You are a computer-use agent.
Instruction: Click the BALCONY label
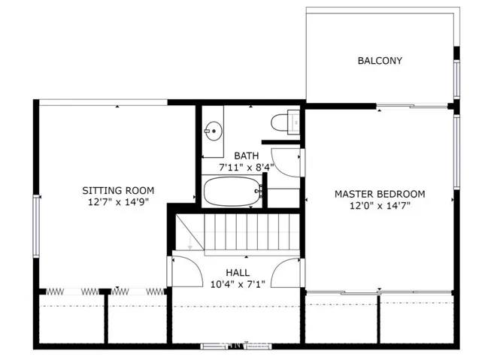(380, 60)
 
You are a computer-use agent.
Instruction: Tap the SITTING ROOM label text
(118, 190)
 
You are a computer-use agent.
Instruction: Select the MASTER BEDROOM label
(380, 194)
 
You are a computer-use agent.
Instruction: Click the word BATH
(247, 156)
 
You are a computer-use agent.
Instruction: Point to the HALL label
(238, 272)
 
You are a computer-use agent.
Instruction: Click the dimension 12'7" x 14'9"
(118, 202)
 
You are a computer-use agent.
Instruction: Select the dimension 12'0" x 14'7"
(380, 206)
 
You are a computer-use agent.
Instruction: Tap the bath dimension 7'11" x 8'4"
(247, 168)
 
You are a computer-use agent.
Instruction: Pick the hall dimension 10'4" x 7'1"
(238, 284)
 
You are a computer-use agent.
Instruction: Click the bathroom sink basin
(214, 132)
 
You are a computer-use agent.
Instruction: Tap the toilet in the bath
(285, 122)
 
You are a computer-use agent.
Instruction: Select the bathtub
(233, 191)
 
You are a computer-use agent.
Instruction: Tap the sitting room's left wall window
(36, 226)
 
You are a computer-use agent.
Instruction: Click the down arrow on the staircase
(189, 243)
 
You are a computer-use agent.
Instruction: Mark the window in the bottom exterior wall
(236, 346)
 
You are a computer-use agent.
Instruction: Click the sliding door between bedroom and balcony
(412, 106)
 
